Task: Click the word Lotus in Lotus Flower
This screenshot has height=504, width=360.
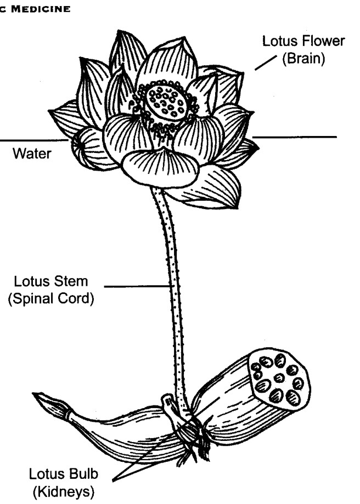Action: [278, 41]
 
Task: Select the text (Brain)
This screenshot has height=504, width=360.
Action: [303, 59]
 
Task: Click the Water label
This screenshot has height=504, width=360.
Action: [32, 154]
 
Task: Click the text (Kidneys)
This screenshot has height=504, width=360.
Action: [63, 492]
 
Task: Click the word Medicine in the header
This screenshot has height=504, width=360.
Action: [41, 9]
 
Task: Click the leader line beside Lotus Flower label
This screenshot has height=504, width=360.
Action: [266, 63]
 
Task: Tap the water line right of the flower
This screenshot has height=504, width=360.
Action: [294, 137]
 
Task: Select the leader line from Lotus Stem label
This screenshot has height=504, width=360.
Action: [138, 286]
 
